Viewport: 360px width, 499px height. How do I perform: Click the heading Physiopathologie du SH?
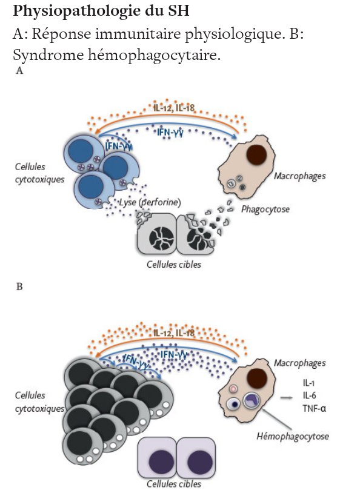(x=101, y=11)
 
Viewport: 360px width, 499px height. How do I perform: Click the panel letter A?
(x=19, y=71)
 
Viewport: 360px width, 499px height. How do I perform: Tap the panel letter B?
(x=19, y=286)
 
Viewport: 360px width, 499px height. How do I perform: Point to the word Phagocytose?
(x=265, y=210)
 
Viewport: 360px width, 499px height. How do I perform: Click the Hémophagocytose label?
(x=293, y=436)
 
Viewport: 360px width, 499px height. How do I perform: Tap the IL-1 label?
(x=308, y=383)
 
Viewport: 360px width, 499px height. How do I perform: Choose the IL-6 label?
(x=309, y=395)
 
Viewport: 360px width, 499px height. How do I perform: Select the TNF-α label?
(x=314, y=408)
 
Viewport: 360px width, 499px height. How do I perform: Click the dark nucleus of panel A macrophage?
(x=256, y=155)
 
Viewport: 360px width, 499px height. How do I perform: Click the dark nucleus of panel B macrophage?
(x=257, y=378)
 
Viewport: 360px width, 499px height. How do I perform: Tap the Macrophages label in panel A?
(x=300, y=176)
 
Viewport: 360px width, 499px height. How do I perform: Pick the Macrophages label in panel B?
(x=300, y=363)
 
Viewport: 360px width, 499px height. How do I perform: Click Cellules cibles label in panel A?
(x=174, y=265)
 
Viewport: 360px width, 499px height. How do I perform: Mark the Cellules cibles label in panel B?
(x=174, y=484)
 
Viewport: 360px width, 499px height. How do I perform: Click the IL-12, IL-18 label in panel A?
(x=174, y=108)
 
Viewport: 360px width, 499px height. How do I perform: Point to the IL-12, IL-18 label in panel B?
(x=174, y=333)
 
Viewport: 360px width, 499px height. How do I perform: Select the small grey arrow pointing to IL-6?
(x=286, y=397)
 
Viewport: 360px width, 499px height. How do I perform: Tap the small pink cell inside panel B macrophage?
(x=233, y=389)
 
